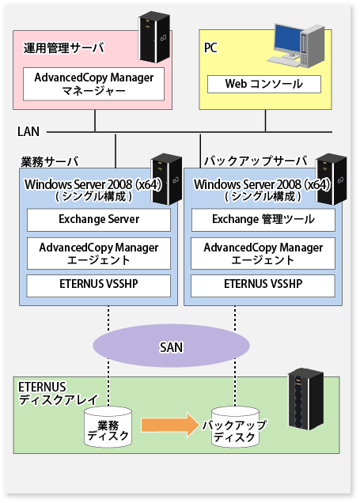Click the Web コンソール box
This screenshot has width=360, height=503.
pyautogui.click(x=264, y=84)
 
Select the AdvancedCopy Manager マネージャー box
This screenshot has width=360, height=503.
pyautogui.click(x=93, y=84)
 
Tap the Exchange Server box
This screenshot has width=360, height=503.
pyautogui.click(x=99, y=220)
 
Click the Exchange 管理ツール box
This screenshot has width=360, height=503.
pyautogui.click(x=263, y=220)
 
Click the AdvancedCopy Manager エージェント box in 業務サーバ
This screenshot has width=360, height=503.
pyautogui.click(x=99, y=253)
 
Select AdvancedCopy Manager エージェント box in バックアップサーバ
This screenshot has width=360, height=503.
pyautogui.click(x=263, y=253)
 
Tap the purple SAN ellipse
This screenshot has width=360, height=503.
pyautogui.click(x=172, y=346)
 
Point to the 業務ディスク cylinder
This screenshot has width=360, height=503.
pyautogui.click(x=108, y=427)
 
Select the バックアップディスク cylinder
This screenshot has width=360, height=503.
pyautogui.click(x=235, y=427)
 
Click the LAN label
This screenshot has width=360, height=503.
pyautogui.click(x=28, y=131)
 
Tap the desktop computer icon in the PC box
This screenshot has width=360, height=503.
pyautogui.click(x=296, y=46)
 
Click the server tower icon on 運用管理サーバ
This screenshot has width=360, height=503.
pyautogui.click(x=154, y=37)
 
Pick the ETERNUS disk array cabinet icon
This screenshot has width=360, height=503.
pyautogui.click(x=305, y=399)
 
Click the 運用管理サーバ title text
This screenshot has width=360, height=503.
pyautogui.click(x=64, y=48)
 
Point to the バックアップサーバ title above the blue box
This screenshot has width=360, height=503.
pyautogui.click(x=256, y=161)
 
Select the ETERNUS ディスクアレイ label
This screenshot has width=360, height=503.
pyautogui.click(x=58, y=393)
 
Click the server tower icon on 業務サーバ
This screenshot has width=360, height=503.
pyautogui.click(x=166, y=179)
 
